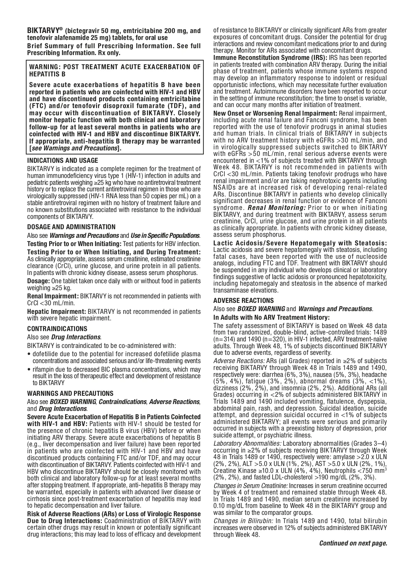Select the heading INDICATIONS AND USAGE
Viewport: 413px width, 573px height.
point(63,160)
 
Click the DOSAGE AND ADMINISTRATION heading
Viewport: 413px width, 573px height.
point(71,227)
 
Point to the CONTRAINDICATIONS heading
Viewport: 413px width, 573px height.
point(57,329)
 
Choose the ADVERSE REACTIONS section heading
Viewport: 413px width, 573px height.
point(243,300)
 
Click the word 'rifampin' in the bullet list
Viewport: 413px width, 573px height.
point(43,369)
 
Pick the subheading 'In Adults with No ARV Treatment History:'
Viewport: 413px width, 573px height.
point(272,317)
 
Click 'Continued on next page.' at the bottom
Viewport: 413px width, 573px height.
point(353,543)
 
